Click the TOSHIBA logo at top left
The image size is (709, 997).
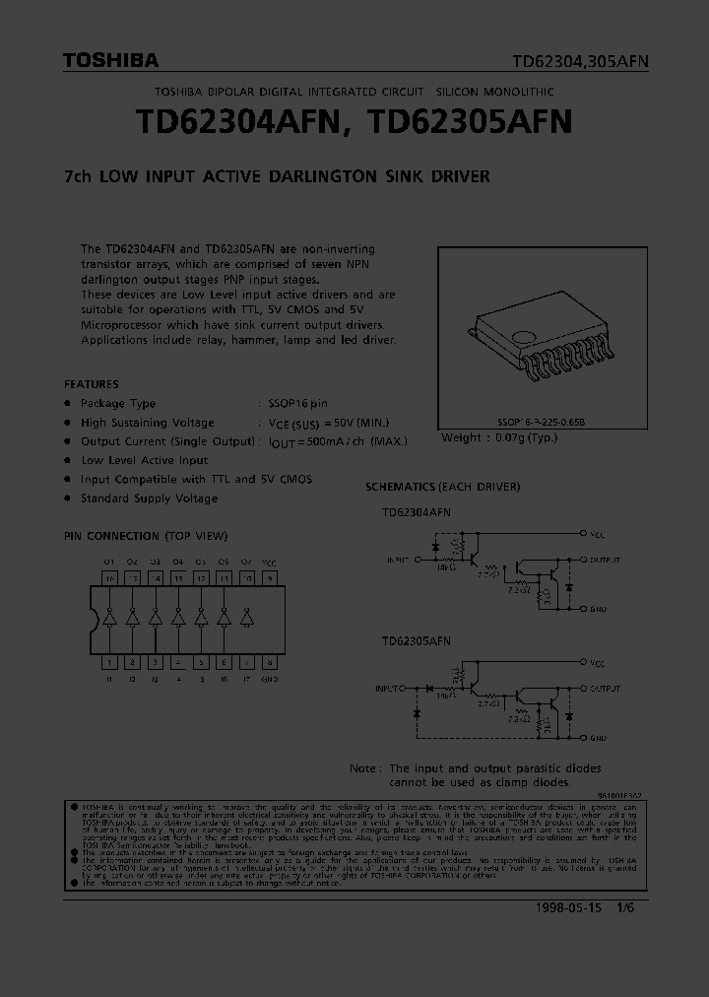click(x=110, y=61)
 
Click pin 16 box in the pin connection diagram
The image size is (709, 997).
click(x=109, y=578)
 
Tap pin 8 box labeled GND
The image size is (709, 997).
click(x=269, y=662)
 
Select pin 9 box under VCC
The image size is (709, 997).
click(x=269, y=578)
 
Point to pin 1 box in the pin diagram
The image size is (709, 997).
click(x=109, y=662)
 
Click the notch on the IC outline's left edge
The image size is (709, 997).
click(x=96, y=620)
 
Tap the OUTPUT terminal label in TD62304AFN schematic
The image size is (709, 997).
click(x=606, y=560)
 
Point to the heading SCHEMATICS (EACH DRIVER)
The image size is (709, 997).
click(x=442, y=487)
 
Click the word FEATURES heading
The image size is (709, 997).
click(x=92, y=384)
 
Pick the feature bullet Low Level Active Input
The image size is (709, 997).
click(x=145, y=460)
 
